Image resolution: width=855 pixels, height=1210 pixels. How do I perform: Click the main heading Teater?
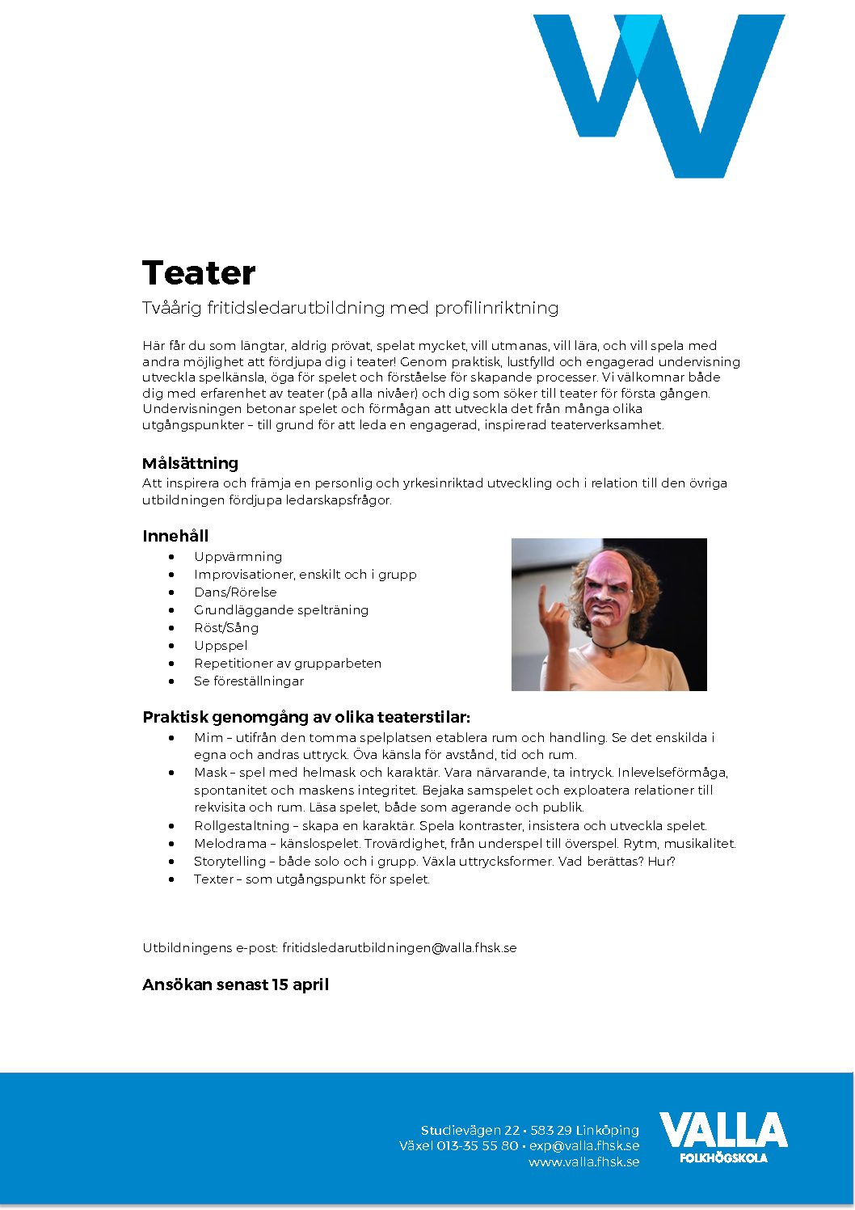click(199, 273)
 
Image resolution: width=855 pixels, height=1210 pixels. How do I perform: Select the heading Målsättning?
click(190, 463)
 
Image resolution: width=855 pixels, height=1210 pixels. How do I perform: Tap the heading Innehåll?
click(175, 536)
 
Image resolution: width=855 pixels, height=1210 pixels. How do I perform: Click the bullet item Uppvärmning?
click(238, 557)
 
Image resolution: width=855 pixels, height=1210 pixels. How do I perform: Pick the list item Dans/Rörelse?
click(235, 592)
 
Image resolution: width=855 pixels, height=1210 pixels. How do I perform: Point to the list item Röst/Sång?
click(226, 628)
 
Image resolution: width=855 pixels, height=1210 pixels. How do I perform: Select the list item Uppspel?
click(221, 646)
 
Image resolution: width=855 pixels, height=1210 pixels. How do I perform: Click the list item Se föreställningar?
click(249, 681)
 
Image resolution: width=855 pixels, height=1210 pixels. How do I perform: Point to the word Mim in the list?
click(206, 738)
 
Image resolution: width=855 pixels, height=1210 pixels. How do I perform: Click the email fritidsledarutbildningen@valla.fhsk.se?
click(399, 948)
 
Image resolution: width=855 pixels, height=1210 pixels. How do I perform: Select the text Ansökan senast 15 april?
click(235, 984)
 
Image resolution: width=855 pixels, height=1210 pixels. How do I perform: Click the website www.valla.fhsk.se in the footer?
click(583, 1162)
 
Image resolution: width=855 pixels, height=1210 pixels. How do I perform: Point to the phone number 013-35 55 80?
click(477, 1146)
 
